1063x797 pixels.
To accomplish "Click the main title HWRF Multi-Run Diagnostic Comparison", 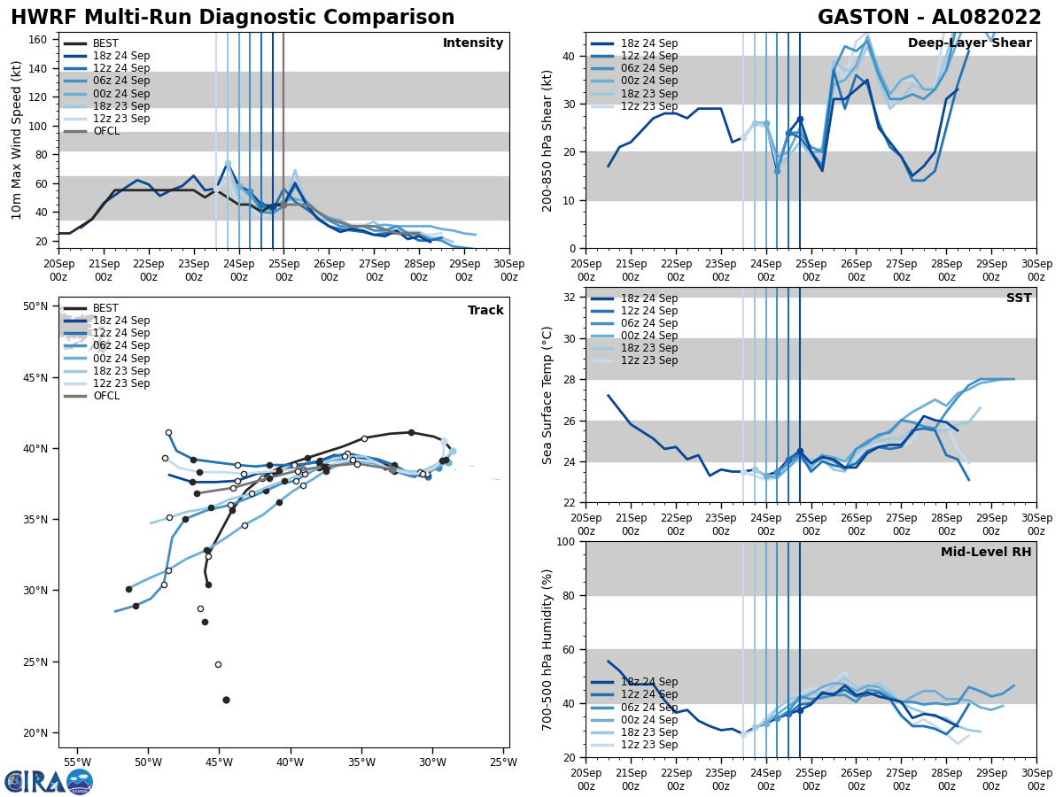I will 232,18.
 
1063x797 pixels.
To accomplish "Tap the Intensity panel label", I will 472,43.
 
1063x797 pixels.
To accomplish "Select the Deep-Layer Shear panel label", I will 969,43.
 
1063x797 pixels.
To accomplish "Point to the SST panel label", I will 1019,298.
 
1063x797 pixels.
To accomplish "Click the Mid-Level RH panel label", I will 986,553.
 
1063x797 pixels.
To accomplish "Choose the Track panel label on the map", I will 485,311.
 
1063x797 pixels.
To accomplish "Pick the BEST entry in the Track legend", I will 105,308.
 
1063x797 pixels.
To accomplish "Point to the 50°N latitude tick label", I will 35,306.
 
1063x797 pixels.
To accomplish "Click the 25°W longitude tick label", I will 503,762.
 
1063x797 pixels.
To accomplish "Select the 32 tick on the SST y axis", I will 570,298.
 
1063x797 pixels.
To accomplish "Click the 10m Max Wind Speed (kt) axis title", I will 17,140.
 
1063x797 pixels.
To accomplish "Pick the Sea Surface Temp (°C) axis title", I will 547,395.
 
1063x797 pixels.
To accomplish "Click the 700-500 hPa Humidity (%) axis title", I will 547,649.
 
